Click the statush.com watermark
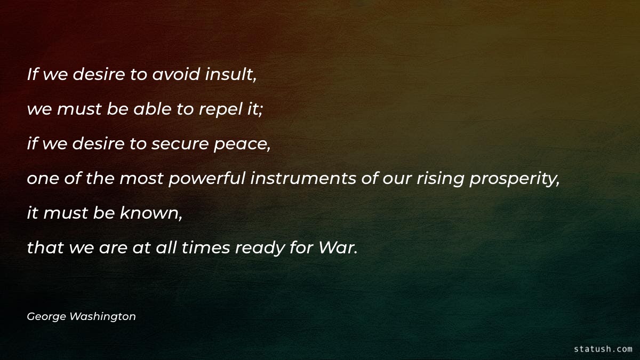(x=603, y=349)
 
